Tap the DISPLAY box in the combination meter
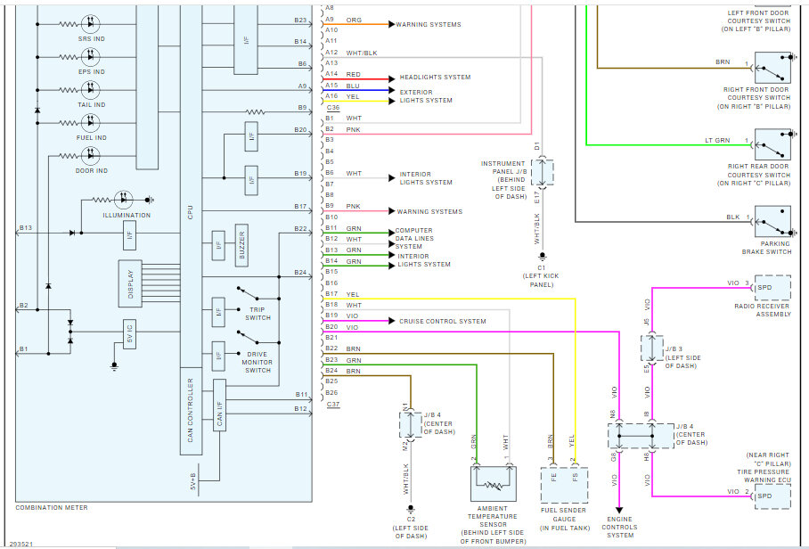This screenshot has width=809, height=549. (130, 282)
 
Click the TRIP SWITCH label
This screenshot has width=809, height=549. (257, 313)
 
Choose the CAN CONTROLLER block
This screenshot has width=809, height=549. (190, 411)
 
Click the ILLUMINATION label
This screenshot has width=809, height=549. (127, 215)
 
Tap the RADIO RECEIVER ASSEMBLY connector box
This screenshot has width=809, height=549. (772, 287)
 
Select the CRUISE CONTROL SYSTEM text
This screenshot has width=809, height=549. (443, 321)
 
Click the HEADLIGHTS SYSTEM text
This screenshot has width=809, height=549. (435, 78)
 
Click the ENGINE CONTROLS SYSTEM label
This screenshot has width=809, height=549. (620, 528)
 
